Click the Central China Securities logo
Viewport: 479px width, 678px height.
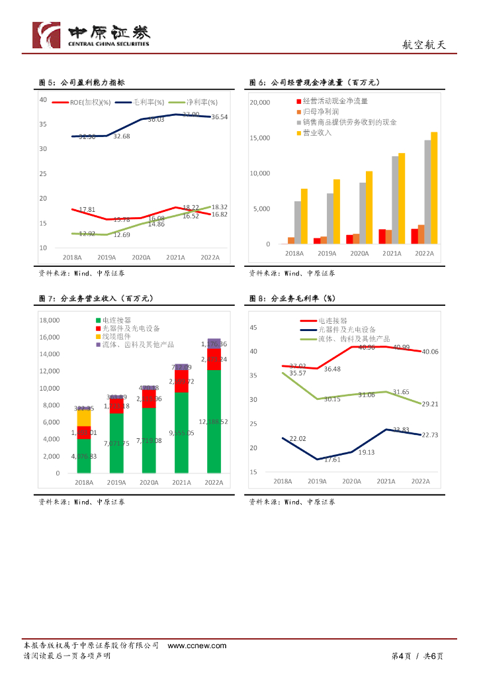[91, 34]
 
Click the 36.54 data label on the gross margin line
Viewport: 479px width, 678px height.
[220, 117]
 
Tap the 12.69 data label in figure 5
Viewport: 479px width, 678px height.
[122, 235]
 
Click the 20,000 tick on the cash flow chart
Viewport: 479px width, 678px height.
[259, 103]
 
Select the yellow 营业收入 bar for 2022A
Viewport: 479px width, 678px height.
[434, 188]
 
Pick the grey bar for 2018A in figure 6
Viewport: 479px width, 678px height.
[298, 222]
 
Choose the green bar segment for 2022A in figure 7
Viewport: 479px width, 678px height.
[214, 421]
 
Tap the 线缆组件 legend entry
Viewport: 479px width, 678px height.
[117, 336]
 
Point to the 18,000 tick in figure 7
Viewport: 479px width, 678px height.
[50, 320]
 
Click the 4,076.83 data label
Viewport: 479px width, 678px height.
[84, 456]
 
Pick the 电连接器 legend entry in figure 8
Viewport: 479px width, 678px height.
[332, 320]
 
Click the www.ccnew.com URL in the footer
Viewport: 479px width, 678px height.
[197, 646]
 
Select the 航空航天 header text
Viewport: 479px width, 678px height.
[424, 45]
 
